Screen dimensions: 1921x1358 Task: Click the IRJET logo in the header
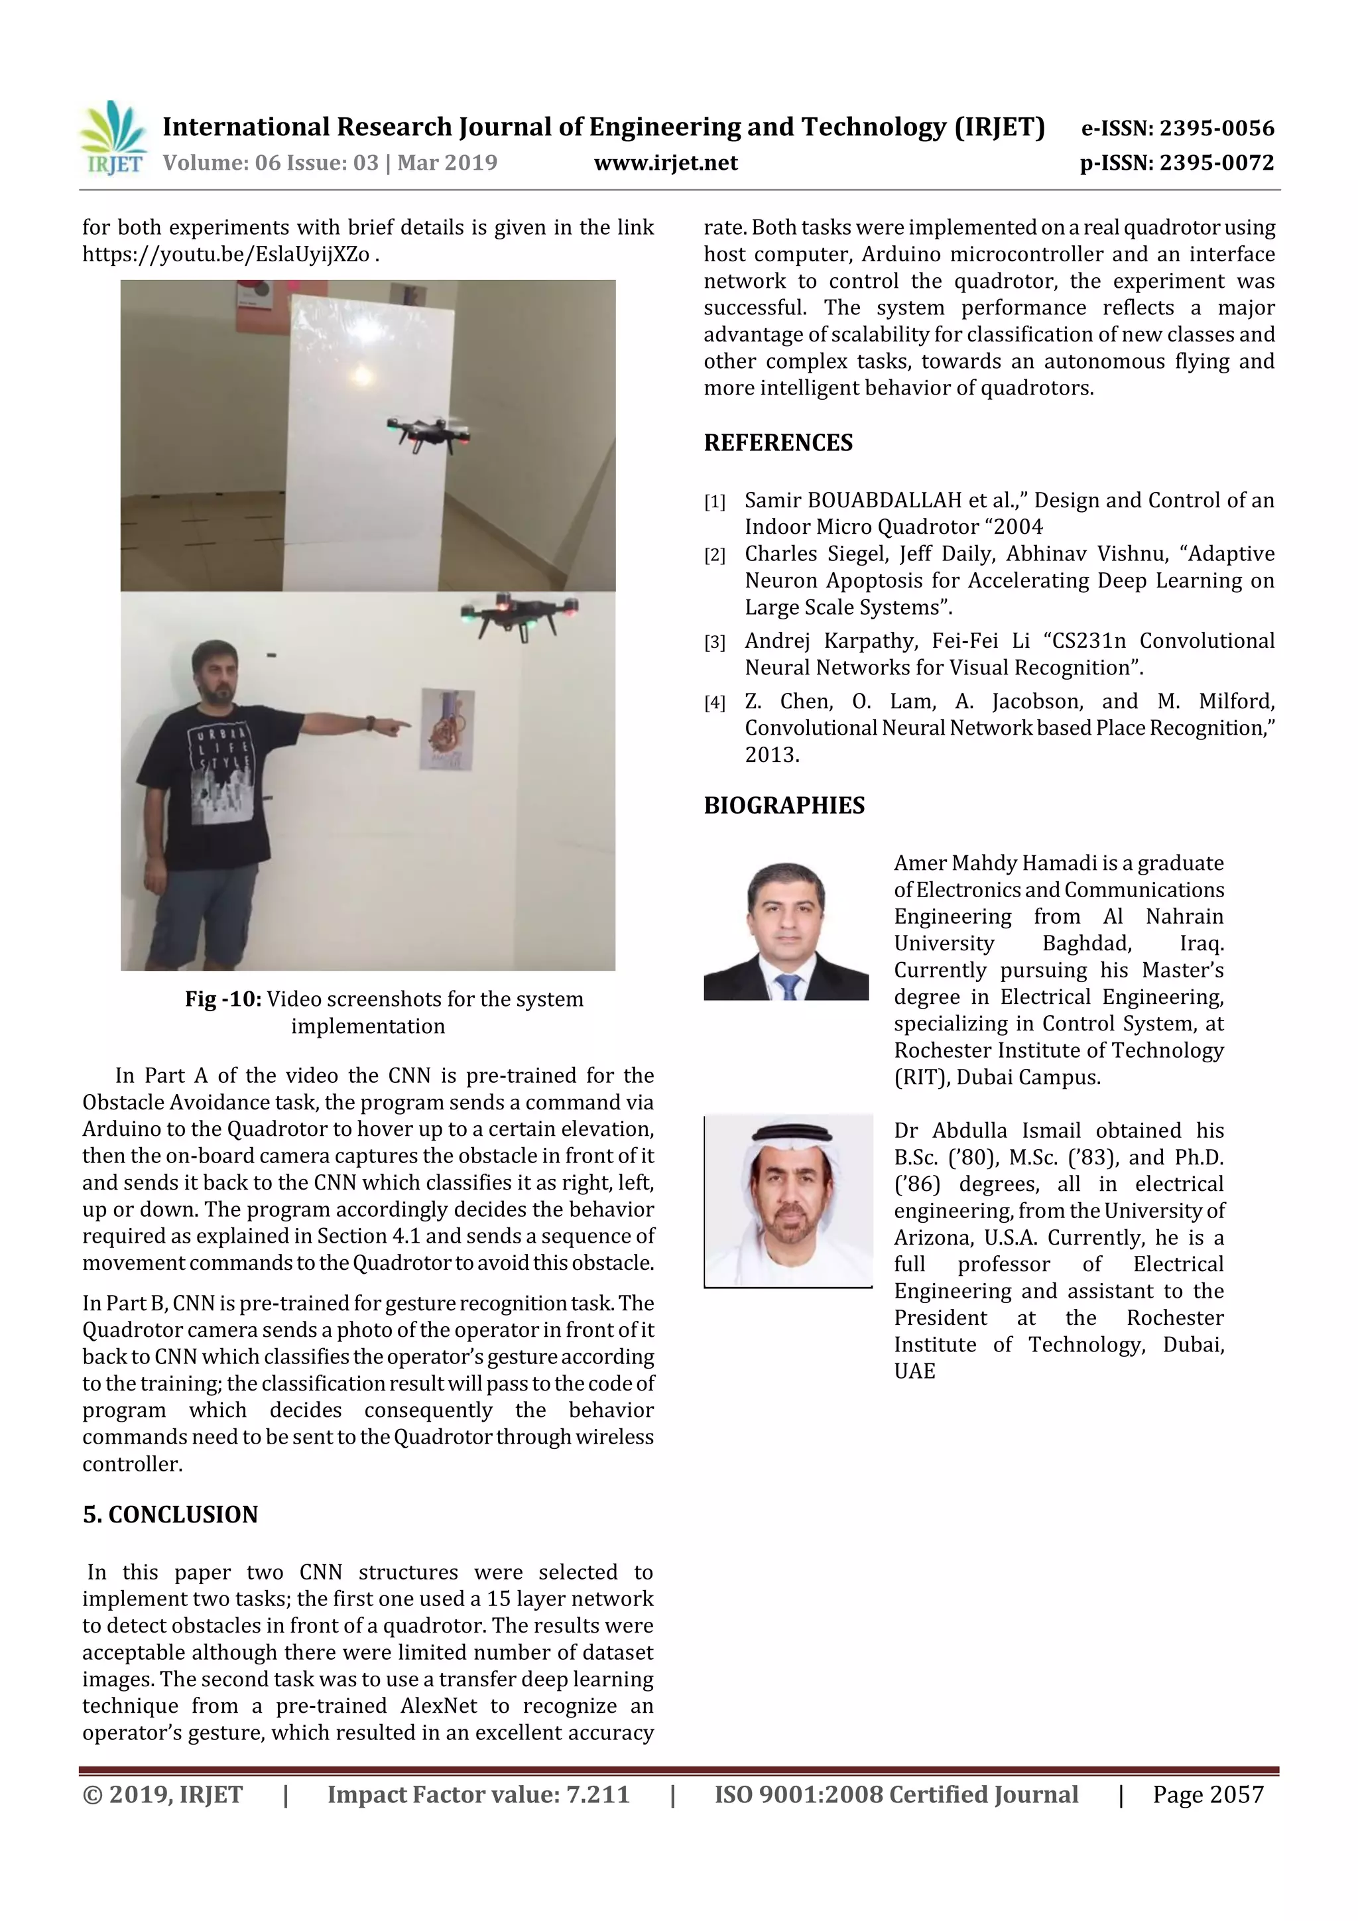pos(113,138)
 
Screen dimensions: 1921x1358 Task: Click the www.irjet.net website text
pos(665,163)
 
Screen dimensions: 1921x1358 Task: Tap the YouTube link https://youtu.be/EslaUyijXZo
pos(226,255)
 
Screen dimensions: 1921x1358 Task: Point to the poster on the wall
pos(448,729)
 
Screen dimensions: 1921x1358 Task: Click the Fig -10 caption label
pos(223,999)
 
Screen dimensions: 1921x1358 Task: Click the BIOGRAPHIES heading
pos(783,805)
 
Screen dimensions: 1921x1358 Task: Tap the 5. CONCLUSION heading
pos(170,1515)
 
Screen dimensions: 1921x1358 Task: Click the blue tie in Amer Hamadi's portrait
pos(787,987)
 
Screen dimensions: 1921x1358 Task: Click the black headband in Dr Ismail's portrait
pos(790,1135)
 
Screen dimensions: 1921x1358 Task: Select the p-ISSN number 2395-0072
pos(1215,163)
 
